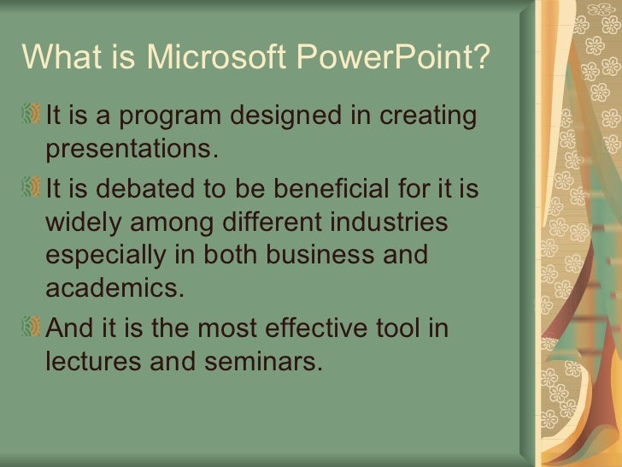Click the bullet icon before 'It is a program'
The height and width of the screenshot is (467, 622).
coord(33,114)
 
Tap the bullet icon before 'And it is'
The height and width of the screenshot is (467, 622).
coord(33,328)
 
